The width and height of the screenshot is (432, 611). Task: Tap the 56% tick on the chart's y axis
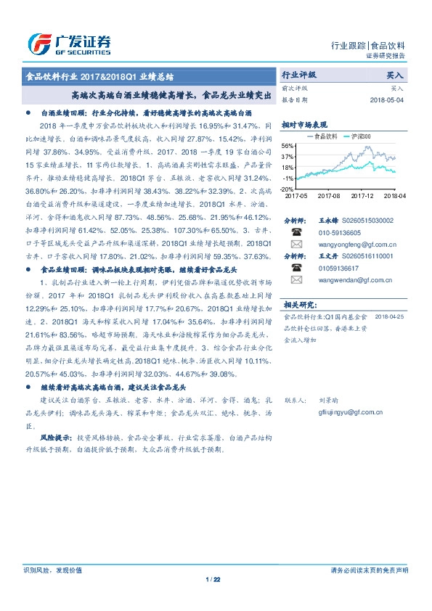[288, 146]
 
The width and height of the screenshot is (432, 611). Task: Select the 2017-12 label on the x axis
[361, 196]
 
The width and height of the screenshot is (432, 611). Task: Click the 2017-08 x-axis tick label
[328, 196]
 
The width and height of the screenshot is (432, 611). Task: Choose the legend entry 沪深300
[359, 136]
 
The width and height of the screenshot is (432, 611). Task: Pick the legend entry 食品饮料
[322, 136]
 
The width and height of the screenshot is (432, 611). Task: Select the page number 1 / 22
[213, 579]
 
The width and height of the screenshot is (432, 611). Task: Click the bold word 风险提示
[54, 438]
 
